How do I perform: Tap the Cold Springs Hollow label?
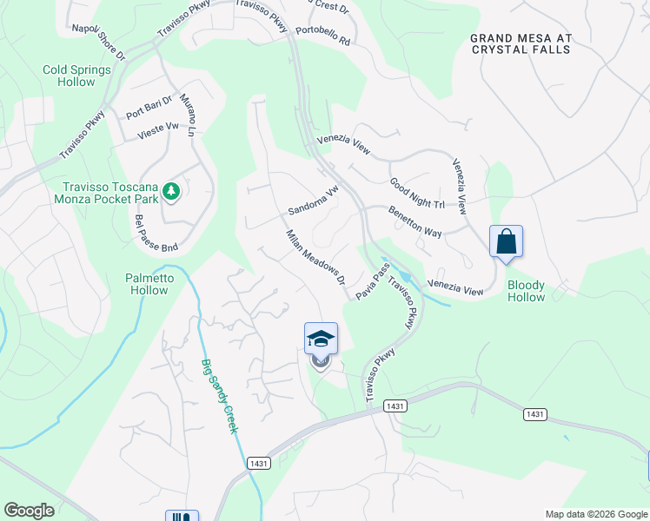77,76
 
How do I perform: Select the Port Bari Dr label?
149,112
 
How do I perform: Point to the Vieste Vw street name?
158,131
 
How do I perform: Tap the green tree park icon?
172,190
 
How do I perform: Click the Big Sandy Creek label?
221,396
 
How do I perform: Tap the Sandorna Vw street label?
313,203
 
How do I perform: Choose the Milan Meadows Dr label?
316,258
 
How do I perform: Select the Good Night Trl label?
416,194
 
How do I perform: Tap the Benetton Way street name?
415,224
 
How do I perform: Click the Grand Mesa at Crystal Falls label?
521,43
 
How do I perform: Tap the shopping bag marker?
506,241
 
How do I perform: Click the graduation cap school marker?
321,339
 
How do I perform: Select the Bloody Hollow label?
527,291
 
